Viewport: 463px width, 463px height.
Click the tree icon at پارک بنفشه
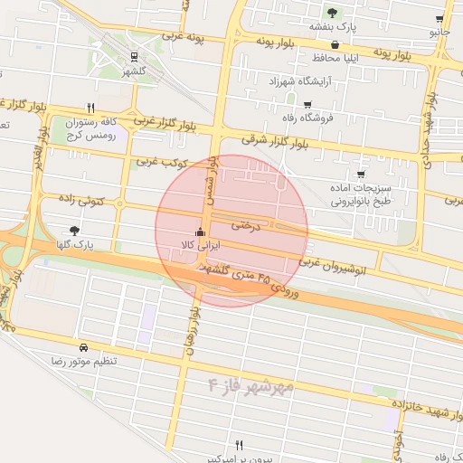[x=334, y=13]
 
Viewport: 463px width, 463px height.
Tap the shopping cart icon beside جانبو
[x=439, y=19]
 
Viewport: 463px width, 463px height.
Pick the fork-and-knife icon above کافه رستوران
[x=90, y=107]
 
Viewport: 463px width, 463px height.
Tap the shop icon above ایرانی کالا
[x=200, y=231]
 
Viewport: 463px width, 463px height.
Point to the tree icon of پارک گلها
[x=74, y=231]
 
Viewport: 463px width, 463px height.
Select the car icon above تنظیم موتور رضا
[x=83, y=347]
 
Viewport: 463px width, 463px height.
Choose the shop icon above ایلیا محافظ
[x=335, y=43]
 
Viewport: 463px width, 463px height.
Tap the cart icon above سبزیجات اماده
[x=361, y=174]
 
